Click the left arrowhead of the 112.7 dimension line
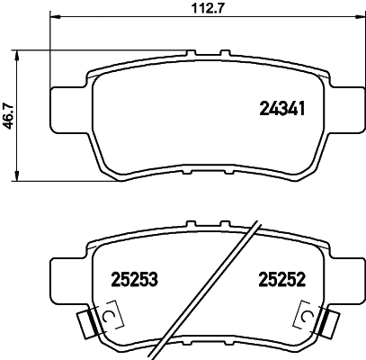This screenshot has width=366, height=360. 54,18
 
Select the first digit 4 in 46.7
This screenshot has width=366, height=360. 9,128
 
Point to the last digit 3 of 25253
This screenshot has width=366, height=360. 154,280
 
